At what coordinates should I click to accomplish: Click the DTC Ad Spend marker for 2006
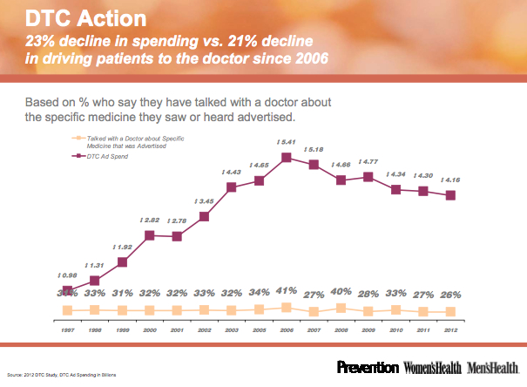pos(286,158)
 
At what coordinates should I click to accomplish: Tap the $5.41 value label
pos(286,142)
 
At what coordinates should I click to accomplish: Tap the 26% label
pos(450,294)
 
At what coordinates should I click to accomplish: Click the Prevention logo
pos(368,368)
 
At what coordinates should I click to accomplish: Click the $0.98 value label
pos(67,275)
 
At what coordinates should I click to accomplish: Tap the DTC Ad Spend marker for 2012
pos(450,195)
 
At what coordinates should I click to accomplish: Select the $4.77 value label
pos(368,161)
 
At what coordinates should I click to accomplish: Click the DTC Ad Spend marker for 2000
pos(150,234)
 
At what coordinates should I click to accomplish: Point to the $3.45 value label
pos(204,201)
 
